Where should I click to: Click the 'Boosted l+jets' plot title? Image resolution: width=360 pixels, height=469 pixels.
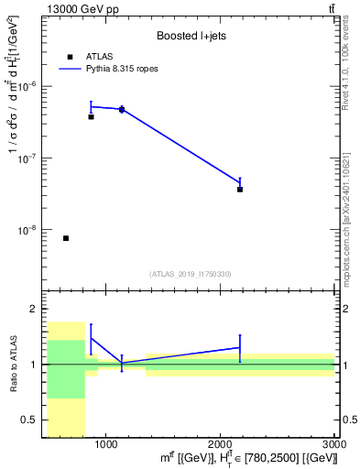[x=191, y=36]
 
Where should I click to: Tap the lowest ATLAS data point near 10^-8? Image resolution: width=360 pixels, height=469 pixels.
[x=66, y=238]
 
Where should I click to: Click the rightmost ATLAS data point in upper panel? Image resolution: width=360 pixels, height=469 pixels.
[x=240, y=190]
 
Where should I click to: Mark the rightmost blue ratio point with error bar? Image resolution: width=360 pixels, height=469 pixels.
[x=240, y=347]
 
